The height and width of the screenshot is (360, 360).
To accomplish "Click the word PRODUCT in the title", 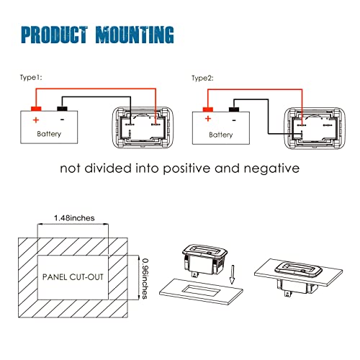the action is coord(54,35).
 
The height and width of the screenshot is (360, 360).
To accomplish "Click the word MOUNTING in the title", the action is coord(135,35).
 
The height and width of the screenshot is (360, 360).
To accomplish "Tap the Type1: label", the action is coord(31,78).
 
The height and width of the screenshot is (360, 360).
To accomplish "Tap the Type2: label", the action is coord(202,78).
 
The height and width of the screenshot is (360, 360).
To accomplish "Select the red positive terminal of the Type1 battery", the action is coord(36,109).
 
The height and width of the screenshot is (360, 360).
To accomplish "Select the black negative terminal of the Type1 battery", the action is coord(62,109).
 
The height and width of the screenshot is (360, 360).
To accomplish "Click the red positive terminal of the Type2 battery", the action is coord(208,109).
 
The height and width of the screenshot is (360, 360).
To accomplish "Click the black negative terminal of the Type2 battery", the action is coord(234,109).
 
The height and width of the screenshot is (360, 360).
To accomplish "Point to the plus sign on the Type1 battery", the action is coord(36,120).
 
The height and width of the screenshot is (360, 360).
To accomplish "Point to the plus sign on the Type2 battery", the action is coord(208,119).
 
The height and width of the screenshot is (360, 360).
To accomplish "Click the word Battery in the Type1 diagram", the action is coord(49,134).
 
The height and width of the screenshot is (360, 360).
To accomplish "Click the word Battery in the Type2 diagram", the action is coord(221,135).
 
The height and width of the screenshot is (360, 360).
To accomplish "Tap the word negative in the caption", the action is coord(271,168).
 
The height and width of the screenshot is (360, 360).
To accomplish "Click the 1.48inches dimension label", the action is coord(74,218).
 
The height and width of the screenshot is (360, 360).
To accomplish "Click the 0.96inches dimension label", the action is coord(145,279).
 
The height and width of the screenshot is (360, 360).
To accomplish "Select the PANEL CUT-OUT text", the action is coord(73,277).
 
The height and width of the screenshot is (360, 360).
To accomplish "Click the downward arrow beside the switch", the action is coord(232,274).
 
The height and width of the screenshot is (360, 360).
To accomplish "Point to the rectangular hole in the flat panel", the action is coord(201,291).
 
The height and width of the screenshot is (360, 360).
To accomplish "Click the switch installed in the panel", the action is coord(298,278).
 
